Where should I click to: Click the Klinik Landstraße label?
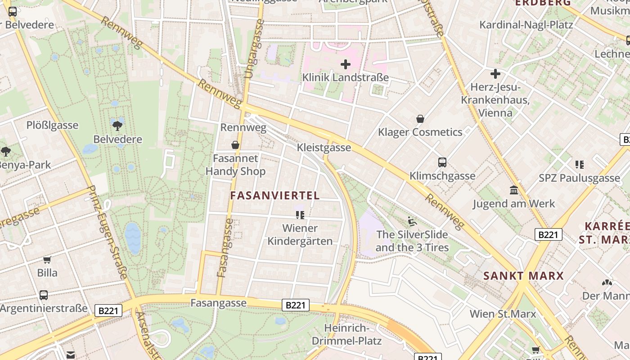[345, 77]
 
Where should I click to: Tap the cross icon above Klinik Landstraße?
[346, 65]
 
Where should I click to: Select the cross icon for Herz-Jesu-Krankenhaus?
[495, 74]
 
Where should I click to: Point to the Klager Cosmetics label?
[420, 132]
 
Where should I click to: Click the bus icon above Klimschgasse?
[442, 162]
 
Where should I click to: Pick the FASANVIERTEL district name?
[275, 195]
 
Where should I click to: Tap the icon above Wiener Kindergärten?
[300, 215]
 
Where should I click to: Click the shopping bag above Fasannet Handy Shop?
[235, 145]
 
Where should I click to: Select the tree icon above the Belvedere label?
[117, 126]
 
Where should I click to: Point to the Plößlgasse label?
[52, 125]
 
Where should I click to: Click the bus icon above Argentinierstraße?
[43, 295]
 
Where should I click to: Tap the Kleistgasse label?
[324, 148]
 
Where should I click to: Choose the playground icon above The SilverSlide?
[412, 221]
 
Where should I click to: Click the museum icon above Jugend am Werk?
[514, 190]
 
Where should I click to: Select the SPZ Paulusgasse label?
[580, 178]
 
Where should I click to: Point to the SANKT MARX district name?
[523, 276]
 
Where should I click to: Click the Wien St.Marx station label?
[503, 314]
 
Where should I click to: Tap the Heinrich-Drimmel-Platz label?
[346, 334]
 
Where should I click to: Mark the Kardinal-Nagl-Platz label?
[526, 24]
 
